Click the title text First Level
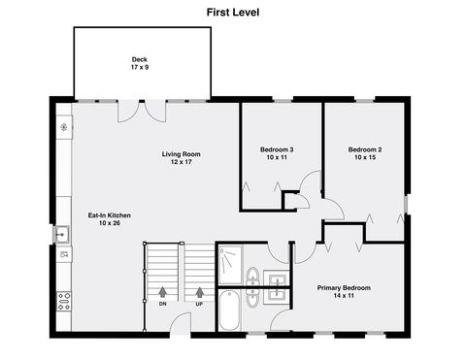233,13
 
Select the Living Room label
181,153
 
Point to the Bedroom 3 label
277,149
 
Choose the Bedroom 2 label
365,149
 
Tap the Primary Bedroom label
344,288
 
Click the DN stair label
162,304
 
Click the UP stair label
200,304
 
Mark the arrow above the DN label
162,290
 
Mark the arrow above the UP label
200,290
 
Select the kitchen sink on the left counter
62,233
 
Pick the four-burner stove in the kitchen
64,300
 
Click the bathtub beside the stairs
231,311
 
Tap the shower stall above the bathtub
231,264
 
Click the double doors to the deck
142,109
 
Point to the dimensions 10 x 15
365,157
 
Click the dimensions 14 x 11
344,296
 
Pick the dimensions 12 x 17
181,162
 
